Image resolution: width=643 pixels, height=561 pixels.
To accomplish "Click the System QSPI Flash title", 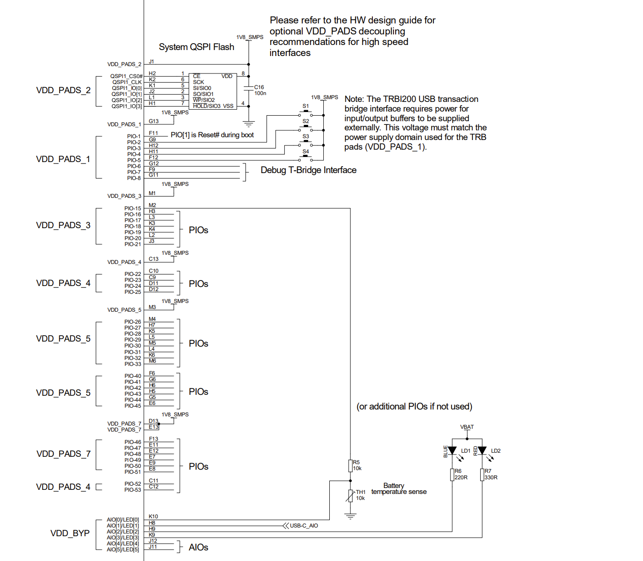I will pos(196,47).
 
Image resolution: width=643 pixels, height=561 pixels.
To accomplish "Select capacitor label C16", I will pos(259,87).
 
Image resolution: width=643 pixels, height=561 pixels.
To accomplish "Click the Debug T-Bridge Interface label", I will pos(308,170).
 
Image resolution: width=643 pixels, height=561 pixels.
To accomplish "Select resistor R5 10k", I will pos(350,466).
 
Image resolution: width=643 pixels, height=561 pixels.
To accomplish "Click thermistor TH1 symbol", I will pos(350,496).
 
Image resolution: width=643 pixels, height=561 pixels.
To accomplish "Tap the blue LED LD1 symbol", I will pos(452,451).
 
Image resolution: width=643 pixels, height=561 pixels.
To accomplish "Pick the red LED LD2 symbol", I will pos(482,451).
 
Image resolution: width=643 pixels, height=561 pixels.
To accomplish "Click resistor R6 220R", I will pos(452,475).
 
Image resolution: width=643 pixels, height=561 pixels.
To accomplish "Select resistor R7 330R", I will pos(482,475).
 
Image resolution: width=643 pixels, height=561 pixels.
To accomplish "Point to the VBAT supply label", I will pos(467,427).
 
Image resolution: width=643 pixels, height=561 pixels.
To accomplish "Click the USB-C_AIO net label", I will pos(304,526).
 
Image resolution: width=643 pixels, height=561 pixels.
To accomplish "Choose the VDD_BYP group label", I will pos(70,533).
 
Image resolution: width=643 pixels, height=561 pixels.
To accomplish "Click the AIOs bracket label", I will pos(198,547).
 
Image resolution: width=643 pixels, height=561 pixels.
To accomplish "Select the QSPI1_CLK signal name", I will pos(127,82).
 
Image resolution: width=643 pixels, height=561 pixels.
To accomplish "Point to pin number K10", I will pos(153,516).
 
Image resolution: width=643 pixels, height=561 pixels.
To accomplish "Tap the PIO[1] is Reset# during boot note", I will pos(212,135).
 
